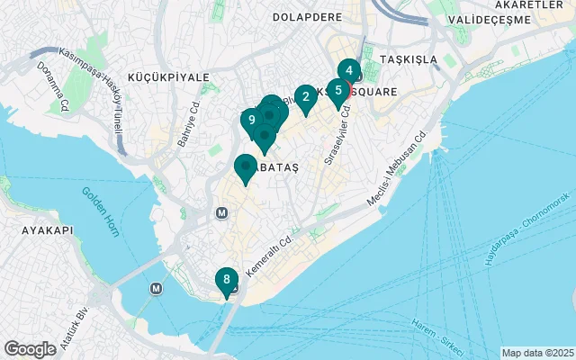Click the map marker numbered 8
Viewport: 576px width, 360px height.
pos(226,280)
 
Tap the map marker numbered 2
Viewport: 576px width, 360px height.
pos(306,97)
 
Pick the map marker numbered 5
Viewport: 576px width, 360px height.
pos(338,91)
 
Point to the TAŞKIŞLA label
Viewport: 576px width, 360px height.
pos(409,59)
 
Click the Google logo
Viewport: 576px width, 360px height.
pos(31,348)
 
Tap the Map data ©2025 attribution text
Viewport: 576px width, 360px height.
pos(536,353)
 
